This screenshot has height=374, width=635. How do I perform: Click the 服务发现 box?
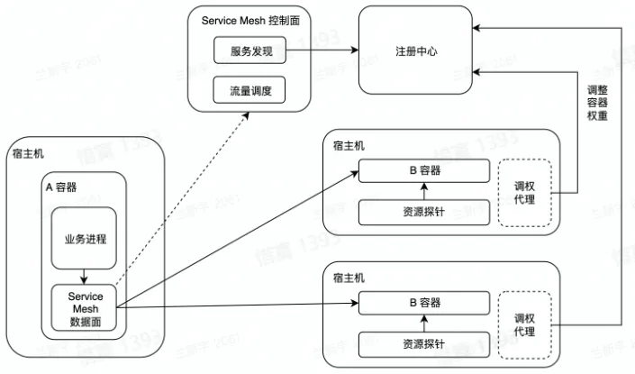click(249, 52)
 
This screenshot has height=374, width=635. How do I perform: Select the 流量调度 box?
click(249, 90)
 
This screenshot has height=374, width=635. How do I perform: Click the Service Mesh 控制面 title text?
click(249, 20)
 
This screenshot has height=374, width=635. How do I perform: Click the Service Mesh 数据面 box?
click(86, 307)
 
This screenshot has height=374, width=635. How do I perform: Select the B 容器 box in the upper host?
click(423, 170)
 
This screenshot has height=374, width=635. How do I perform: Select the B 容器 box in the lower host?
click(423, 301)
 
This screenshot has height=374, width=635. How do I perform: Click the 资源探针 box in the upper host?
click(423, 212)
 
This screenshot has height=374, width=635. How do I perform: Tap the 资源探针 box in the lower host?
click(423, 343)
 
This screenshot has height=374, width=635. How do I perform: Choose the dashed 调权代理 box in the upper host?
click(524, 192)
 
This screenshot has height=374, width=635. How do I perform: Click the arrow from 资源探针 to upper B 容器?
click(423, 191)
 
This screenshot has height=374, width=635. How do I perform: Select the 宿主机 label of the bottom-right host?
click(349, 277)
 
